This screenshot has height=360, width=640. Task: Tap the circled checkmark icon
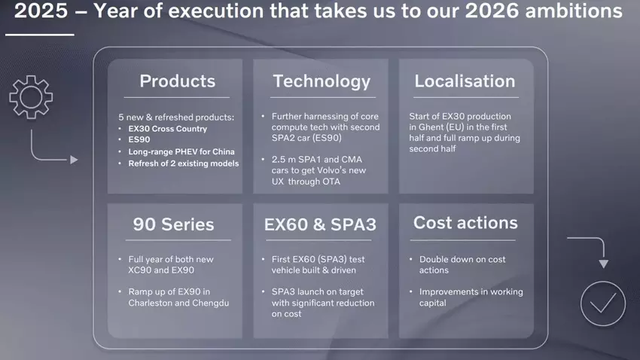click(x=603, y=304)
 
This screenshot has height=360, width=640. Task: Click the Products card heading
click(x=177, y=81)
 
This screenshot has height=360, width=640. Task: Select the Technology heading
click(x=322, y=81)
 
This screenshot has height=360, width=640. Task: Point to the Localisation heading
click(x=465, y=81)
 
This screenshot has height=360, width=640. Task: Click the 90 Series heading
click(x=173, y=224)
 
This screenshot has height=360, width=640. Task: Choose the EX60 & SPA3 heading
click(x=320, y=224)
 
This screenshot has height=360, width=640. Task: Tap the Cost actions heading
click(x=465, y=223)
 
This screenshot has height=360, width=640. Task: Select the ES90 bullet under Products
click(x=139, y=140)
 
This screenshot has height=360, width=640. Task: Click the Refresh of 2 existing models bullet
click(x=183, y=163)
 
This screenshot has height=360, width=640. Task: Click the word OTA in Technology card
click(x=331, y=181)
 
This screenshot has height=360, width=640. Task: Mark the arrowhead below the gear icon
click(x=74, y=160)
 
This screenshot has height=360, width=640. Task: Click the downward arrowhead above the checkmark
click(x=602, y=263)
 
